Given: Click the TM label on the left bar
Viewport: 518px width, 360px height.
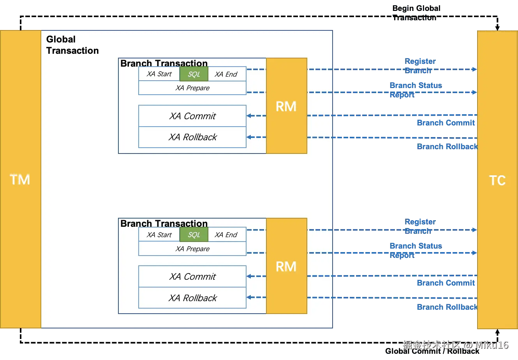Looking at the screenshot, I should click(x=20, y=180).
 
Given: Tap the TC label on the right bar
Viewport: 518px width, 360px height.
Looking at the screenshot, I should click(x=497, y=180).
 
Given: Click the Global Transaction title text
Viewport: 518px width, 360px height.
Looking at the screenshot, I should click(x=72, y=45).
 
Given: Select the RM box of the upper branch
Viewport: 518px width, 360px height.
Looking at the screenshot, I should click(x=286, y=106).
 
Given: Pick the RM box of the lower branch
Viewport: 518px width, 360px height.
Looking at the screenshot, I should click(x=286, y=266).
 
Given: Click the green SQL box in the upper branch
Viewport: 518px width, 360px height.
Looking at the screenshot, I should click(x=194, y=74).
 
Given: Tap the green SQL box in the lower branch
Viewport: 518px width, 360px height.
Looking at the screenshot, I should click(x=194, y=235).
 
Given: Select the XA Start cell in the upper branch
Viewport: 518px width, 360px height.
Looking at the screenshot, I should click(x=159, y=74).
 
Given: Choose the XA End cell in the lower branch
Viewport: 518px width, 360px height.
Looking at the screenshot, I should click(x=226, y=235).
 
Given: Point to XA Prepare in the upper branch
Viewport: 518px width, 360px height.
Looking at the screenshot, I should click(x=192, y=88).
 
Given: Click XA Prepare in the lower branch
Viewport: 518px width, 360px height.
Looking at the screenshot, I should click(x=192, y=249).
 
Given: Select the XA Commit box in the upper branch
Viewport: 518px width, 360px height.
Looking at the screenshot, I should click(x=192, y=116).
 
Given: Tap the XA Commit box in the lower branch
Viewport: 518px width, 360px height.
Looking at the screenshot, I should click(x=192, y=277).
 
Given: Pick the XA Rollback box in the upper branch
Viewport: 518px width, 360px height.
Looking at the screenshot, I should click(x=192, y=137).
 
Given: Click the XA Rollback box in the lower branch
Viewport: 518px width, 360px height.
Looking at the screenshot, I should click(x=192, y=298).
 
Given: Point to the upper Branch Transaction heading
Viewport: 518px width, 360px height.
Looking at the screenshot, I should click(x=164, y=63).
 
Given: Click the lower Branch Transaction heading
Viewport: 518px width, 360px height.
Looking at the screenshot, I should click(x=164, y=223).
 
